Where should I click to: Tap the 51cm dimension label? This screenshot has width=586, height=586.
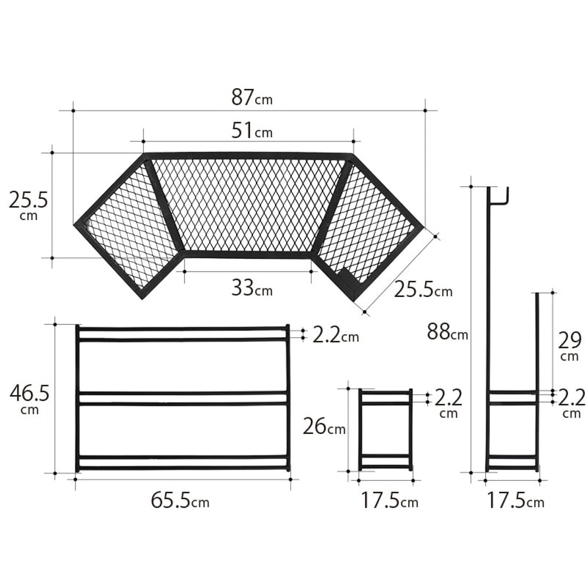tap(252, 131)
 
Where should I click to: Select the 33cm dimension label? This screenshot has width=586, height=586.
tap(252, 288)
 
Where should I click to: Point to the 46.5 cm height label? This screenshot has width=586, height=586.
tap(30, 399)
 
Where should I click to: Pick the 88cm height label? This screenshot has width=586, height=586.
tap(447, 331)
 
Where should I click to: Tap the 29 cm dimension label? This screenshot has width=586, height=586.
tap(570, 346)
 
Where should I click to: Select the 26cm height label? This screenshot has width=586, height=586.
tap(324, 426)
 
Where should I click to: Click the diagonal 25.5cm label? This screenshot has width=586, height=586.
tap(423, 290)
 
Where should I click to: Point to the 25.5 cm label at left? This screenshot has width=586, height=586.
tap(28, 205)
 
